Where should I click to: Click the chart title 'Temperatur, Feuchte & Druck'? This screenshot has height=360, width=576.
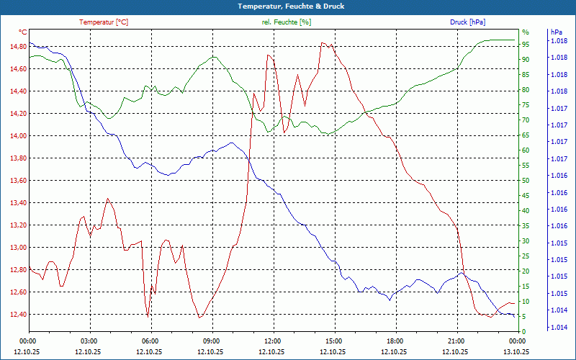coord(287,6)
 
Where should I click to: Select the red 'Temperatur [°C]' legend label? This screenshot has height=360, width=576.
coord(104,22)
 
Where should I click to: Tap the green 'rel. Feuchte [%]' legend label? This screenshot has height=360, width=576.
coord(287,22)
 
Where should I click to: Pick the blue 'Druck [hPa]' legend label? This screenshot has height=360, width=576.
coord(467,22)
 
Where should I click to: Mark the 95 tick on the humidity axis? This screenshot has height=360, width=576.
coord(526,44)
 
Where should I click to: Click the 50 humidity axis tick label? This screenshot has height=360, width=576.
coord(526,180)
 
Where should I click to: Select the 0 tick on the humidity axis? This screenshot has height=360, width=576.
coord(524,331)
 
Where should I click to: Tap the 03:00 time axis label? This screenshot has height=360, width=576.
coord(89,341)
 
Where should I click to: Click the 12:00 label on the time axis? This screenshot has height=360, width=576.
coord(273,341)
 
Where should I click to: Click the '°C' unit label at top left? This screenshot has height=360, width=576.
coord(22,32)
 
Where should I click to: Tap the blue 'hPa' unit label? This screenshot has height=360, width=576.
coord(556,32)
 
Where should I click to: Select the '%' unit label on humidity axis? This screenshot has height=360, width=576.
coord(526,32)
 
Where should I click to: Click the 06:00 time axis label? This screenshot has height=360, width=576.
coord(150,341)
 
